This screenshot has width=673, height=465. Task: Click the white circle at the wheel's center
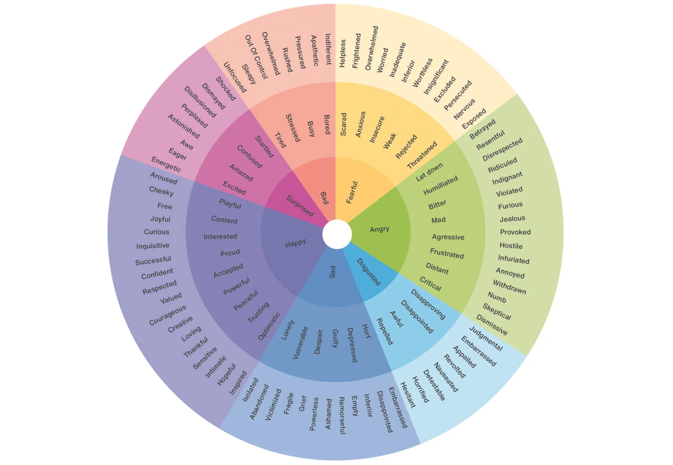coord(336,234)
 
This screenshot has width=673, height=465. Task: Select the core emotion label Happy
coord(295,243)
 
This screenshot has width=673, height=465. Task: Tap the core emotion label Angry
coord(379,229)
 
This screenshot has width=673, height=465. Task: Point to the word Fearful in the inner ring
coord(352,192)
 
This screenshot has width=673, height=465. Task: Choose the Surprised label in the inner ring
coord(300,206)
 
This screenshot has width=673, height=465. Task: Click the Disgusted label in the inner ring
coord(368,272)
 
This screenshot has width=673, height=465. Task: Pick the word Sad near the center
coord(332,272)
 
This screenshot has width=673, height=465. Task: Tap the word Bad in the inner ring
coord(324,198)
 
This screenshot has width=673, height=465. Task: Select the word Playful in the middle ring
coord(230,204)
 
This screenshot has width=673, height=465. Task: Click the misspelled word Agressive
coord(448,237)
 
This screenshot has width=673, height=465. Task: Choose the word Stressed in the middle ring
coord(293,128)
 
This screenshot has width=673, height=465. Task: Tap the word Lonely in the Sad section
coord(287,330)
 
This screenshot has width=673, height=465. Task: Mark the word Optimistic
coord(269,326)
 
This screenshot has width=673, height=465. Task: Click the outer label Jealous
coord(512,218)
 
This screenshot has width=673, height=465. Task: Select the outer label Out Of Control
coord(256,57)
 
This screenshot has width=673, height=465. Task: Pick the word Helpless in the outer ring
coord(343,54)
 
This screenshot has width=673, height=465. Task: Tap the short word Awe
coord(187,144)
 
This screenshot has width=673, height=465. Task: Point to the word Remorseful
coord(342,416)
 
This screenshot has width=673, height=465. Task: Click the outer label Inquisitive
coord(152,246)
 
